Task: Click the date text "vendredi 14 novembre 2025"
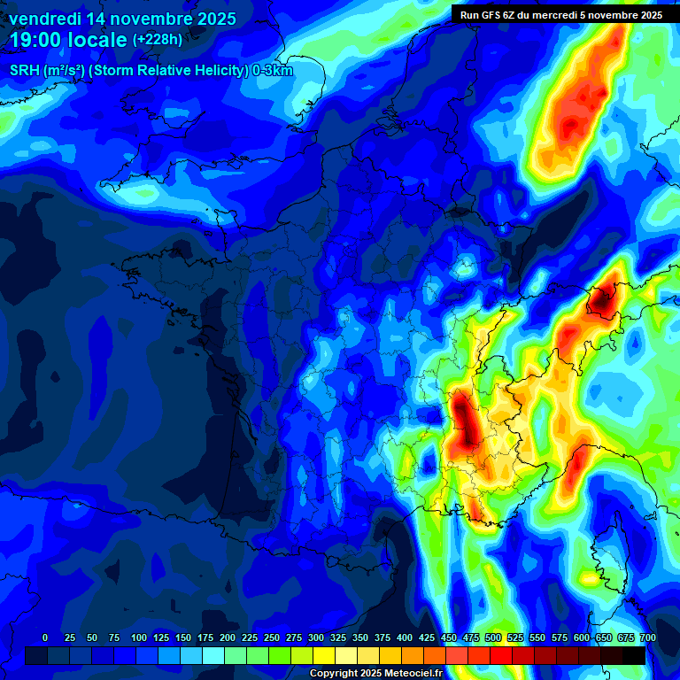point(122,19)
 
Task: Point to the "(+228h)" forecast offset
point(157,40)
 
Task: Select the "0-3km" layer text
point(273,72)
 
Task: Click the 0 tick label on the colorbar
point(45,637)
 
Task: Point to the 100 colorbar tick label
point(139,637)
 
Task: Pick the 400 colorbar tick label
point(405,637)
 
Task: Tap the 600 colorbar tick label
point(582,637)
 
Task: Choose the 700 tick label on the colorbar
point(647,637)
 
